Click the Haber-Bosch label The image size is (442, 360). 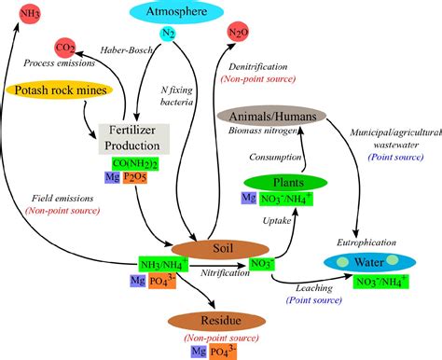[x=127, y=49]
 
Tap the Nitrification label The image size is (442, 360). [x=224, y=273]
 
